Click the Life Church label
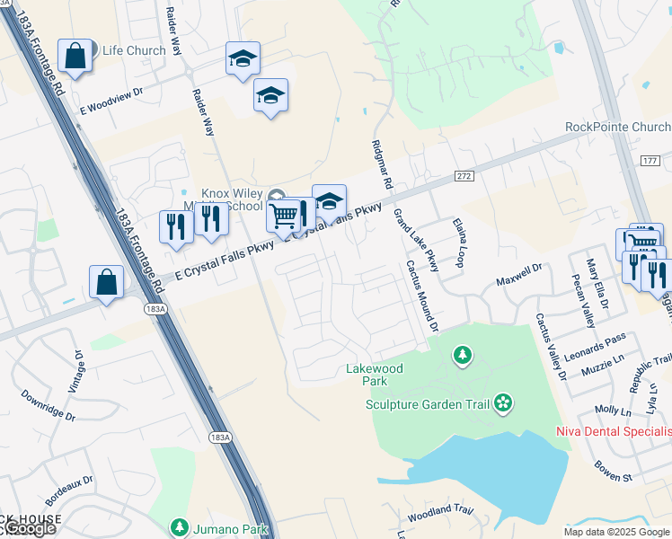point(134,50)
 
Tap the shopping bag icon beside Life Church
point(75,56)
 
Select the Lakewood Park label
point(375,375)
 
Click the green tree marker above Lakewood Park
point(462,356)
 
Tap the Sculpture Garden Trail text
point(427,403)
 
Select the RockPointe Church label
point(618,127)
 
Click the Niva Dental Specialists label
point(613,435)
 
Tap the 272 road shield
point(464,175)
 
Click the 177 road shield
point(651,161)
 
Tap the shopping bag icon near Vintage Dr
point(106,282)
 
